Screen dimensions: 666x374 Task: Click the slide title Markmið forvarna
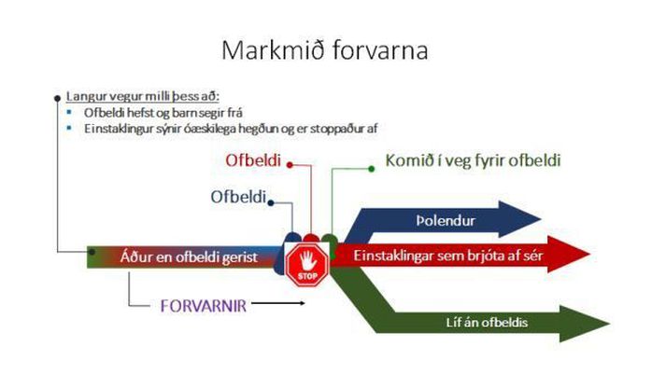click(x=325, y=50)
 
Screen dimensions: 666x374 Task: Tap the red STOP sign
click(x=307, y=265)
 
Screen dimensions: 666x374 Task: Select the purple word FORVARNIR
click(x=204, y=306)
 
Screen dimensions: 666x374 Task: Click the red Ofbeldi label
click(x=253, y=160)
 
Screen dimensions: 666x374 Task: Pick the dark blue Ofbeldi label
click(x=238, y=197)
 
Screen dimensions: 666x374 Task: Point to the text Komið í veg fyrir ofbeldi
click(x=473, y=160)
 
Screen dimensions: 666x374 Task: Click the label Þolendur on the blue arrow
click(x=446, y=220)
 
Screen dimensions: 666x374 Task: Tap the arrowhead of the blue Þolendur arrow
click(x=520, y=219)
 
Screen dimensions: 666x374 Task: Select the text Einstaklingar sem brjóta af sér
click(x=448, y=256)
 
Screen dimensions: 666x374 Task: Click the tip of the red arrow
click(x=590, y=255)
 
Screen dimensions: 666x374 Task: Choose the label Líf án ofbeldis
click(x=487, y=323)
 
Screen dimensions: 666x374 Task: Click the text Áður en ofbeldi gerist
click(x=189, y=257)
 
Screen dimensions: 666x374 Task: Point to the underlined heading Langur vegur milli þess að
click(x=143, y=96)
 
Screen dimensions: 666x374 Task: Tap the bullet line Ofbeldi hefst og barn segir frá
click(x=163, y=113)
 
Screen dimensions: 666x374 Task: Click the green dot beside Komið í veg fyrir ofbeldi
click(x=371, y=169)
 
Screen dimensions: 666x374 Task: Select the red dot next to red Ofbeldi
click(x=290, y=164)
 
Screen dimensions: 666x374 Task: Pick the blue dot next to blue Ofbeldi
click(x=271, y=202)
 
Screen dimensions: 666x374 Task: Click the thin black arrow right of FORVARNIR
click(x=278, y=303)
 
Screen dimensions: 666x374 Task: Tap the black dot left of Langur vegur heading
click(x=57, y=98)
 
